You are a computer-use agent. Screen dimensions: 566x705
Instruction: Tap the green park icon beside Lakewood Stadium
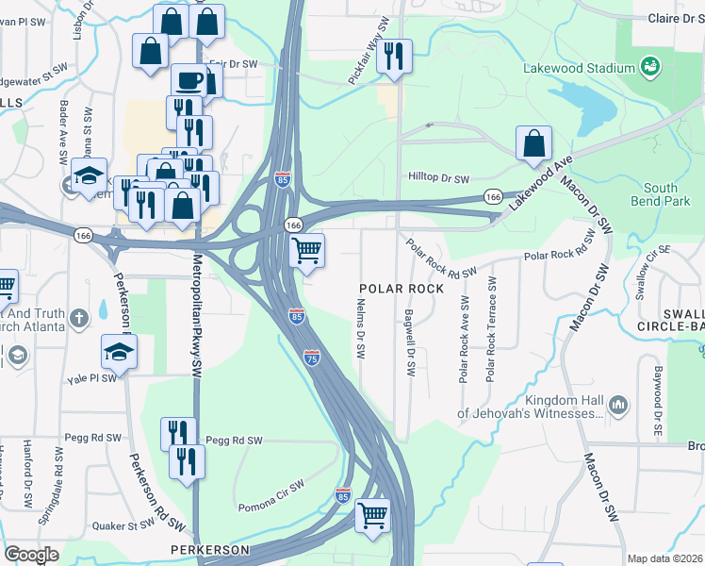click(x=649, y=67)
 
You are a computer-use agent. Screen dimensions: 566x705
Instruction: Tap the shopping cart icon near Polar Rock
click(x=307, y=251)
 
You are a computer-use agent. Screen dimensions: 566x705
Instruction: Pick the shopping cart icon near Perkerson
click(x=373, y=515)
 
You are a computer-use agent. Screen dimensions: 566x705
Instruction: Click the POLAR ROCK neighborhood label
click(x=400, y=288)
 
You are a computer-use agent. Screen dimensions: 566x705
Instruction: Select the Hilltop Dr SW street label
click(x=438, y=177)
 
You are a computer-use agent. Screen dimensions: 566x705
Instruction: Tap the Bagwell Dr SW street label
click(x=410, y=343)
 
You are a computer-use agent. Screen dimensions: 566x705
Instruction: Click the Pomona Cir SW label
click(x=271, y=486)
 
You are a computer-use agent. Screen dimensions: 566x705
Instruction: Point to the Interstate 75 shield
click(x=312, y=358)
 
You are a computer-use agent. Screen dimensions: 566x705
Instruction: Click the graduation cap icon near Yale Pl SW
click(x=119, y=352)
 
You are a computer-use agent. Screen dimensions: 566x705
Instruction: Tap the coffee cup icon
click(x=189, y=80)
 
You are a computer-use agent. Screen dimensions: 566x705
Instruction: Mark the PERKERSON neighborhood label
click(x=209, y=549)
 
